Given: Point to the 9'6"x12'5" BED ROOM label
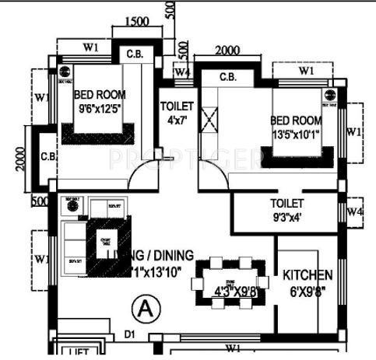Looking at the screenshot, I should (x=100, y=102).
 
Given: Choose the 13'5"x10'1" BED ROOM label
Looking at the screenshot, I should (x=296, y=128).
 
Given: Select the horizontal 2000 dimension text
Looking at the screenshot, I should (x=227, y=51).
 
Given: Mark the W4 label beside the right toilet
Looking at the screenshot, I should (x=355, y=211).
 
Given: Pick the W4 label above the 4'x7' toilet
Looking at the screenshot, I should (x=181, y=73).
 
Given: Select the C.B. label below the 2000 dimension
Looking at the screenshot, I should (x=228, y=77).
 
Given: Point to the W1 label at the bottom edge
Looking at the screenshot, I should (x=233, y=347).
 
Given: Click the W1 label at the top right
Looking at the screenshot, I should (x=306, y=72).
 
